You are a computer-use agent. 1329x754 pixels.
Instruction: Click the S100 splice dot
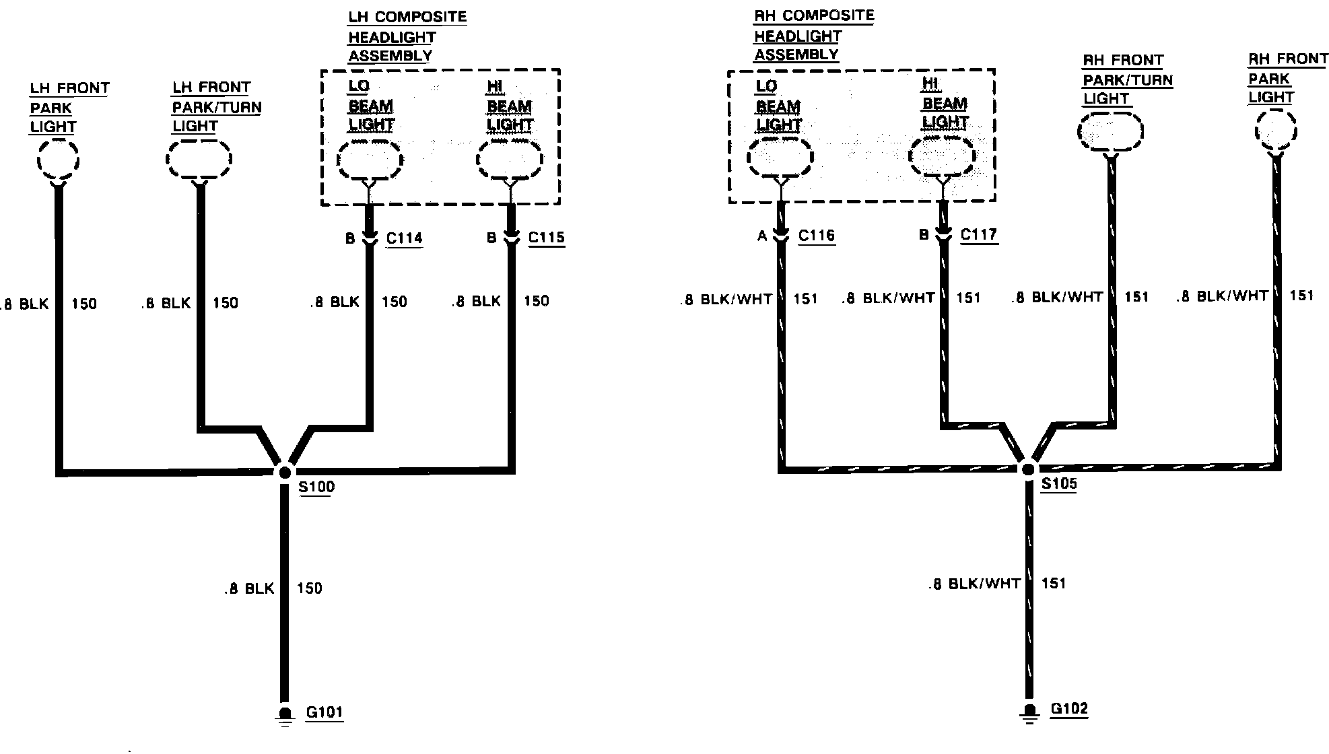(285, 472)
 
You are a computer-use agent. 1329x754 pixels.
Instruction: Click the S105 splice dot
(1028, 469)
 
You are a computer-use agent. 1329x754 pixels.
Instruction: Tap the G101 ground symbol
(285, 716)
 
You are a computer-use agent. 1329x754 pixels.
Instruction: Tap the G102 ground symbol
(1029, 712)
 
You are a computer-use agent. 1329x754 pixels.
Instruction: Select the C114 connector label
(404, 238)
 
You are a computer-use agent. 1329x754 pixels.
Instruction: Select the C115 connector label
(546, 237)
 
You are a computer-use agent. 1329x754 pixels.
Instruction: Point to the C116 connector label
(816, 235)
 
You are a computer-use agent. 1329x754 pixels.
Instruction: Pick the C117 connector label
(978, 234)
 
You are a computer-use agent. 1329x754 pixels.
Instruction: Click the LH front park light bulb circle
(58, 160)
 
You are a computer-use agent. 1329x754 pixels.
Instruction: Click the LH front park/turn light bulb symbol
(199, 160)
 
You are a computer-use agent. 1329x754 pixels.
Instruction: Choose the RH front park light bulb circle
(1275, 131)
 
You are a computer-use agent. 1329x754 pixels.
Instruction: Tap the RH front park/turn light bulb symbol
(1110, 131)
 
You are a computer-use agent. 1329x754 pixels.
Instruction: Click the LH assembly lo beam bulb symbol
(370, 160)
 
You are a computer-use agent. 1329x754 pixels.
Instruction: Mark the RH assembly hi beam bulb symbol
(941, 157)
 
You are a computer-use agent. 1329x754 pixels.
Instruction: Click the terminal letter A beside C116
(762, 236)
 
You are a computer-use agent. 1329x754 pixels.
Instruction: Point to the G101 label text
(325, 712)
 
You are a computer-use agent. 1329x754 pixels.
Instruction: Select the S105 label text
(1058, 483)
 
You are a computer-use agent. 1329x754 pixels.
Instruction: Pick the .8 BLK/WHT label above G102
(974, 584)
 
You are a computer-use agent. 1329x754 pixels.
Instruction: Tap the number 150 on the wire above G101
(310, 588)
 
